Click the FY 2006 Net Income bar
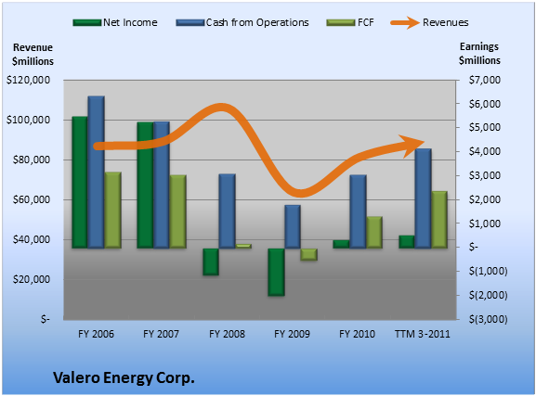click(x=80, y=182)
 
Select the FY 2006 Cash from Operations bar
click(x=96, y=172)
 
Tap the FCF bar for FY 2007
click(x=178, y=211)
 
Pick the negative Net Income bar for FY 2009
click(x=276, y=272)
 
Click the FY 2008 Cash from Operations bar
click(x=227, y=211)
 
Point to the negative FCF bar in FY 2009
click(x=309, y=254)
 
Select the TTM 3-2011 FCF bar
click(x=439, y=220)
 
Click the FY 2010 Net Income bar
click(x=341, y=244)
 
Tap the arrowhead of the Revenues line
click(x=412, y=146)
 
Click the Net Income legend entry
click(x=115, y=22)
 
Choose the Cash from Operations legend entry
click(x=242, y=22)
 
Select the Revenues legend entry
click(x=429, y=22)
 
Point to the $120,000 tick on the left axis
click(x=28, y=81)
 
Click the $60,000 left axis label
click(x=31, y=199)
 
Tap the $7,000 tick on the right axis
click(x=484, y=81)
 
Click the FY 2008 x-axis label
click(x=227, y=334)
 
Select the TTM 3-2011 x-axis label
click(x=423, y=334)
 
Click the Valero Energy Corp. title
click(x=124, y=377)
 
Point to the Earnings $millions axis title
click(x=479, y=54)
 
